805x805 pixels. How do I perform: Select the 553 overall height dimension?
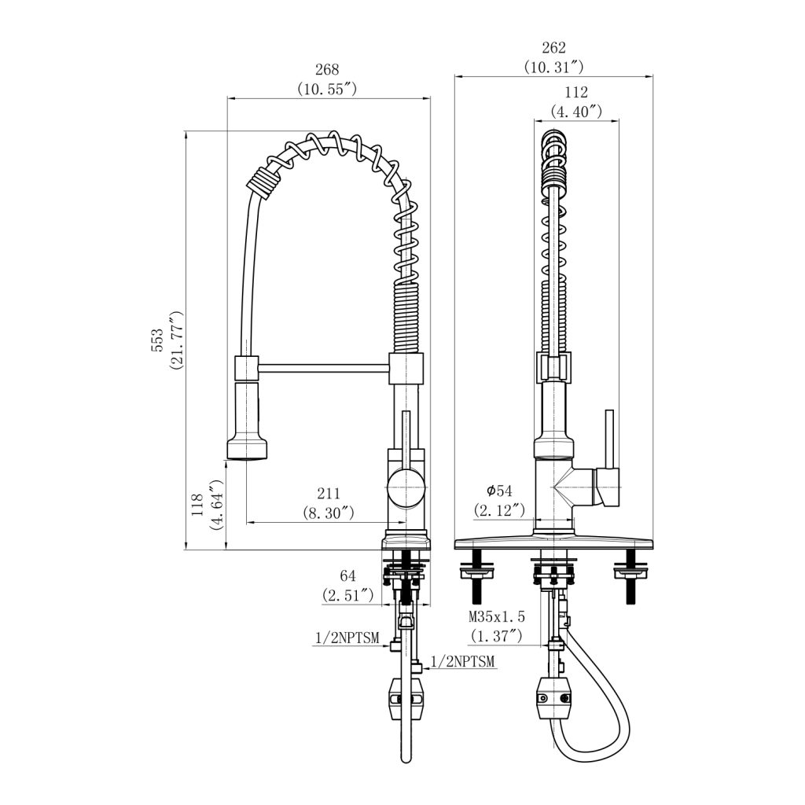158,340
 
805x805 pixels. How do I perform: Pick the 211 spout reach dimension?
328,494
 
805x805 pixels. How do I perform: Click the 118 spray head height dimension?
197,505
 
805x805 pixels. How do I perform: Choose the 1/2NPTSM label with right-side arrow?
460,661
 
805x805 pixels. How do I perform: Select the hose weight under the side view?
406,698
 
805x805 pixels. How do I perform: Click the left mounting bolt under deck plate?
476,575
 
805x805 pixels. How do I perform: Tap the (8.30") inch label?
328,512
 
